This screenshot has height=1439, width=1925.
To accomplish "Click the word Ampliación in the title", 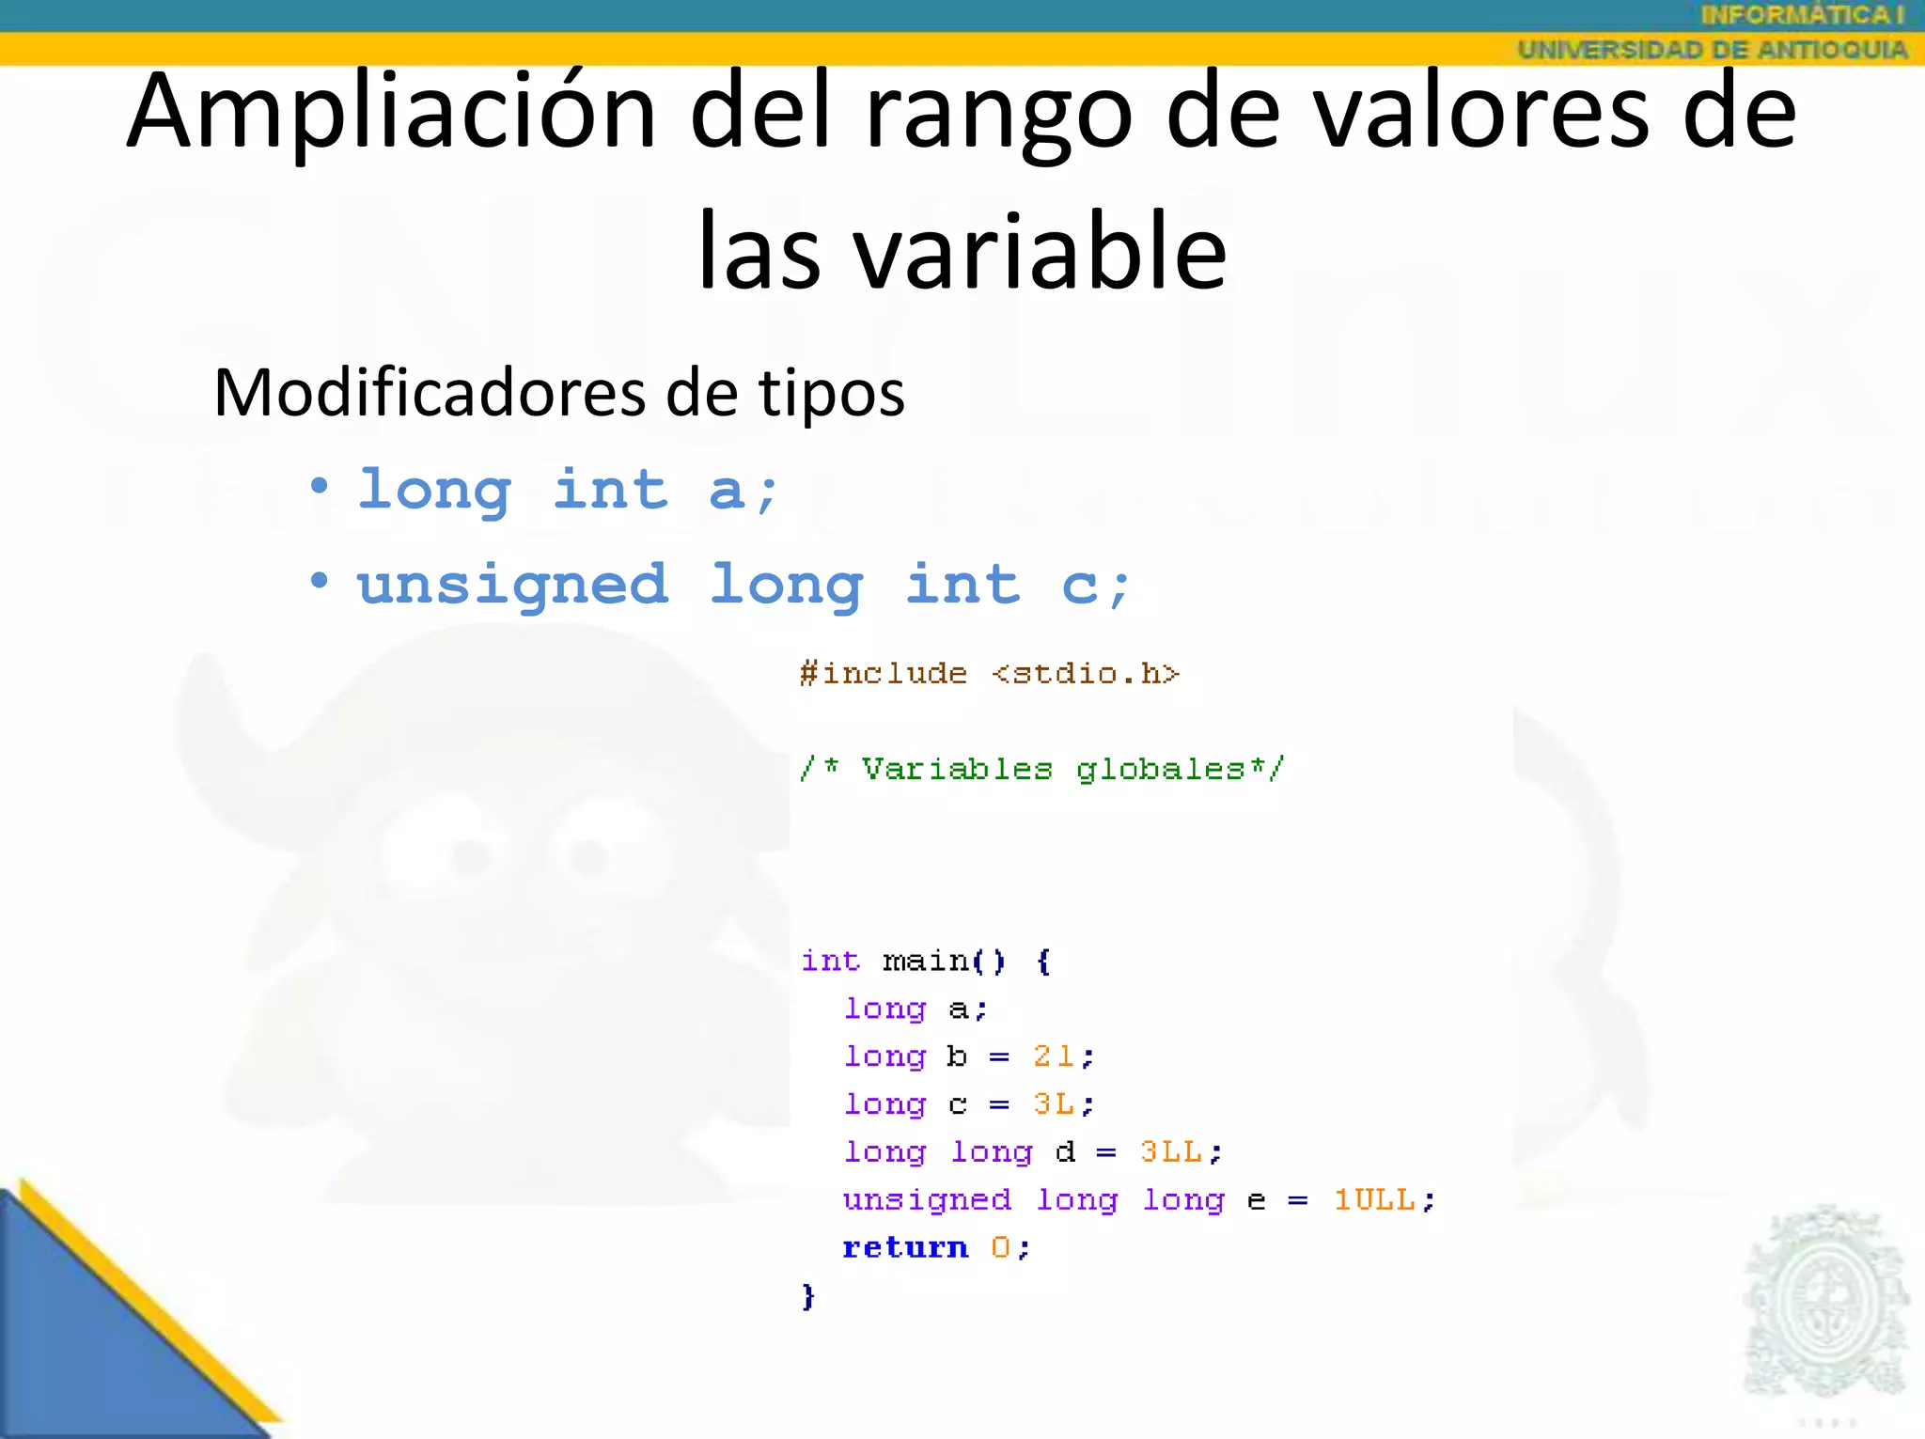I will tap(391, 113).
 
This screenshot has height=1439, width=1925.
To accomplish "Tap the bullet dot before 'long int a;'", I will tap(320, 486).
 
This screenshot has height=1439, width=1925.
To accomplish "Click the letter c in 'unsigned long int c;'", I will tap(1079, 587).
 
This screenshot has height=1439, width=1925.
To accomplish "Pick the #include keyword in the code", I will tap(883, 673).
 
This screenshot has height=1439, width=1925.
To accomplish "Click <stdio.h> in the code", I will tap(1085, 673).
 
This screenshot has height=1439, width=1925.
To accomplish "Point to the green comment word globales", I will tap(1160, 769).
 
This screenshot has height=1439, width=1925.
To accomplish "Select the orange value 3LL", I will tap(1170, 1151).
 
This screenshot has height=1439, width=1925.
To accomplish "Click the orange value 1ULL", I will tap(1374, 1199).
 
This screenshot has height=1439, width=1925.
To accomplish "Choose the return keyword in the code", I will tap(905, 1247).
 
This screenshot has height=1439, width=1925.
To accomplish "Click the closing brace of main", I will tap(807, 1296).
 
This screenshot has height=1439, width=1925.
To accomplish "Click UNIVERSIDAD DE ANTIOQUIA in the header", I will tap(1712, 49).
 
